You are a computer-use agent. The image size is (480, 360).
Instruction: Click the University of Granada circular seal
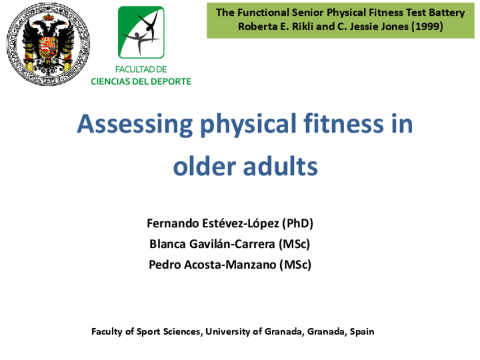click(x=48, y=44)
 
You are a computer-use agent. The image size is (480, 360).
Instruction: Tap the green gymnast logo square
click(x=141, y=32)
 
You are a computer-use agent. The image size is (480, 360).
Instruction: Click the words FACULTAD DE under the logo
click(x=141, y=70)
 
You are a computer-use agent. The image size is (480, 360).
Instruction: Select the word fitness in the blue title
click(x=344, y=123)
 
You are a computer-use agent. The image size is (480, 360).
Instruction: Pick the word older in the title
click(x=204, y=166)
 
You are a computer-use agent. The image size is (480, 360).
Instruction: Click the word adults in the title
click(x=280, y=166)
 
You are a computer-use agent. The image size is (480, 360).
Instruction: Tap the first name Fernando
click(x=173, y=224)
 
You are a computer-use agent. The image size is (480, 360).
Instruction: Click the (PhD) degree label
click(x=297, y=224)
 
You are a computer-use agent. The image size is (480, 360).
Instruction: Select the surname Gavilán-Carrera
click(x=232, y=245)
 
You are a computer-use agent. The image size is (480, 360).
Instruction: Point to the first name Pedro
click(x=165, y=264)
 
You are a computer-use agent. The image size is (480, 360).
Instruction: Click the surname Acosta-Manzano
click(x=230, y=264)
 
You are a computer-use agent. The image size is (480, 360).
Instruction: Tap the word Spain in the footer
click(x=362, y=332)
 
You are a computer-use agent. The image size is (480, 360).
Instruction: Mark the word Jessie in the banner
click(x=362, y=27)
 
